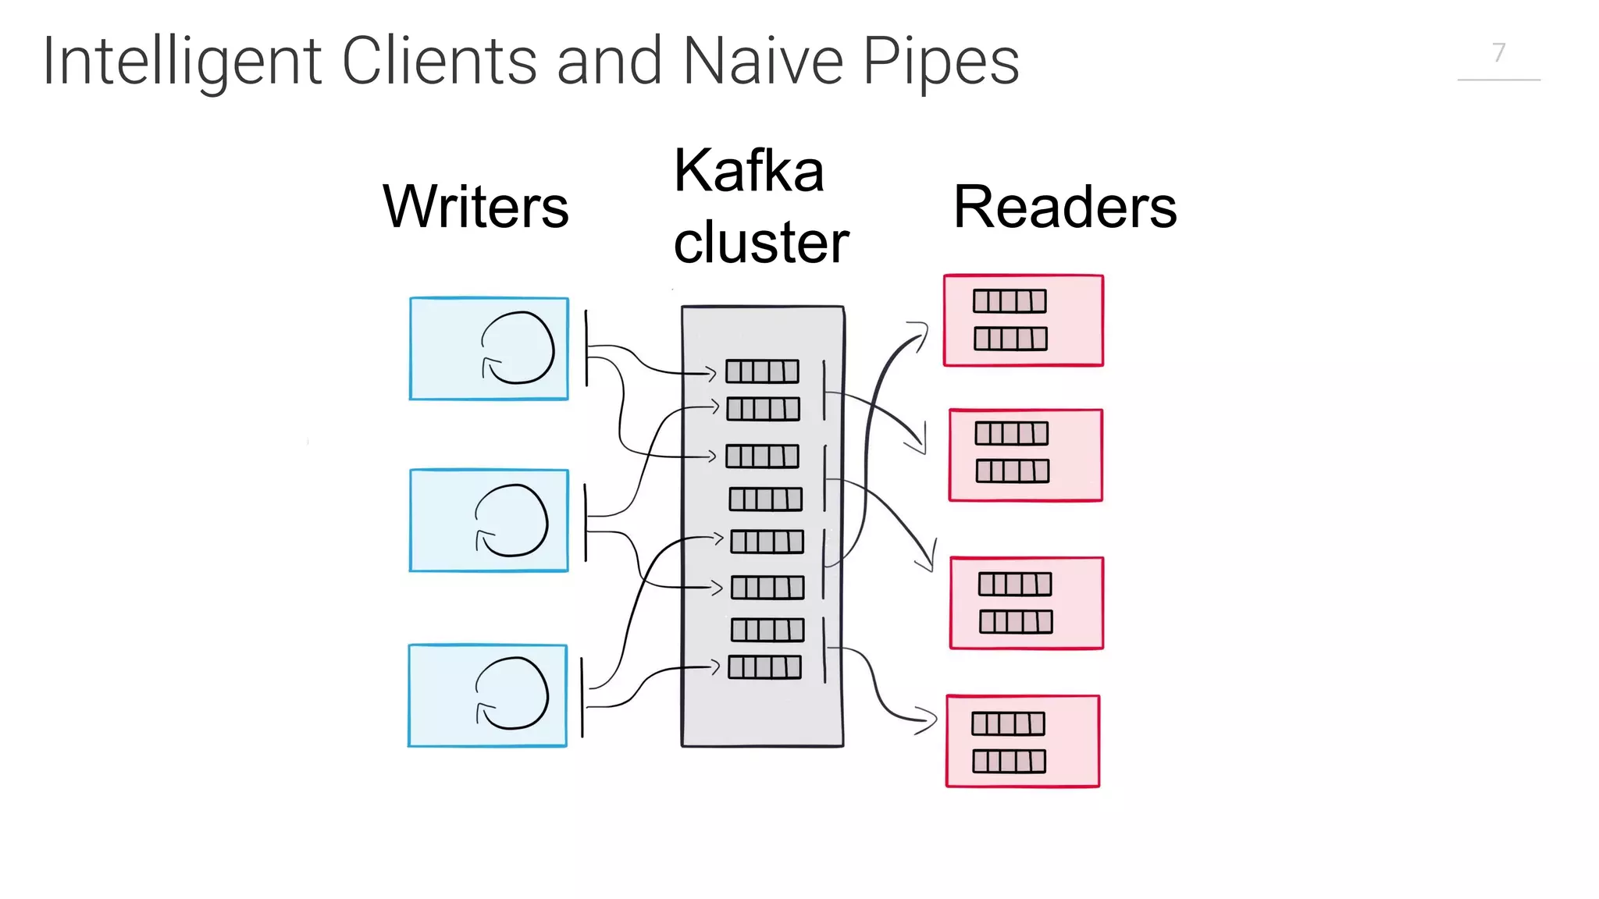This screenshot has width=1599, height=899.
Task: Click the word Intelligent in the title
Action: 181,62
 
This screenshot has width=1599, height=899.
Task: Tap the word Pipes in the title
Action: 940,62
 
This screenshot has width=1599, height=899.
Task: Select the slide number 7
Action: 1498,53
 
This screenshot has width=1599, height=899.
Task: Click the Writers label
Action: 475,208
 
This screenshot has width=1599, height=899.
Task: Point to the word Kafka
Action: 749,171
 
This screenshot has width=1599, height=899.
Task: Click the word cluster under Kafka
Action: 760,243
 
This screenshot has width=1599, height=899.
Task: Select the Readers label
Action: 1065,208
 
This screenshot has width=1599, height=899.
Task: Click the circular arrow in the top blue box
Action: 518,348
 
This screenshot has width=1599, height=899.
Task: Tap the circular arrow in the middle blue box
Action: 511,521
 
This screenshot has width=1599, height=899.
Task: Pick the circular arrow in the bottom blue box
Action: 511,694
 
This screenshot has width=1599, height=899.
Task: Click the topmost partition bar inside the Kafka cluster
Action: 762,371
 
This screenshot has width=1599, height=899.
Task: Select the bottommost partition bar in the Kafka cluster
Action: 764,667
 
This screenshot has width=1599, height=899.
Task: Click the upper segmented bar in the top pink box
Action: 1010,301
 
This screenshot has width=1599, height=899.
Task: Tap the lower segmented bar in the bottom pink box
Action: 1009,762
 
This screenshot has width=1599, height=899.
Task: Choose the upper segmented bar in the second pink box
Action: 1011,433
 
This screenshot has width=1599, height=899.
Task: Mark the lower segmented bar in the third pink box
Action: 1016,622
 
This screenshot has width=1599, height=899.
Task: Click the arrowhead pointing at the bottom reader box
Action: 928,720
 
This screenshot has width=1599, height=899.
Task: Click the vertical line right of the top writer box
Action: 586,348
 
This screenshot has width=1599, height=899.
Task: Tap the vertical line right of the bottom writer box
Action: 582,697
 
